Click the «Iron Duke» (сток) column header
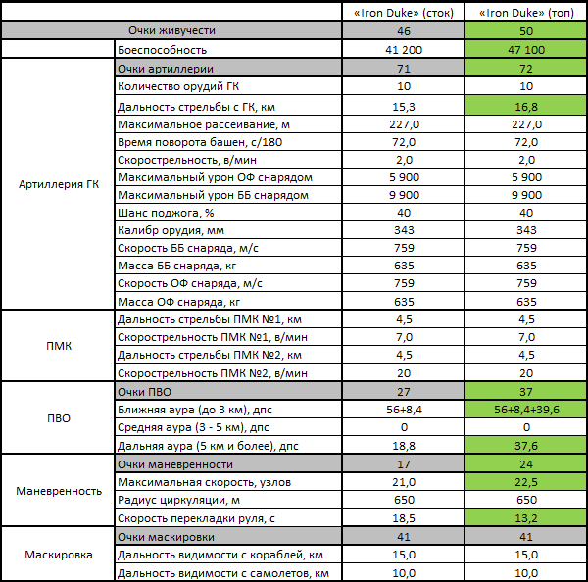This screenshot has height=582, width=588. (404, 13)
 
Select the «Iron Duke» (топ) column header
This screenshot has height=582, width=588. (526, 13)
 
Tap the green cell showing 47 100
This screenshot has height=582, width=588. (526, 49)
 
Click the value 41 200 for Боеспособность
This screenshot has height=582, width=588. (404, 50)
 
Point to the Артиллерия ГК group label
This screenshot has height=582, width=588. (59, 184)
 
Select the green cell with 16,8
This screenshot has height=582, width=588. (526, 106)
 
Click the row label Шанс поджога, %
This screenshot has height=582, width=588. (166, 213)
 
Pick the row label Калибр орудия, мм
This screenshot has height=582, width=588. (171, 230)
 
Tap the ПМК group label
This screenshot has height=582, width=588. (59, 346)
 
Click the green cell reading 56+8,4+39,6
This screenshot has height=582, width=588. (526, 410)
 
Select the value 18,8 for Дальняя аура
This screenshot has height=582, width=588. (404, 446)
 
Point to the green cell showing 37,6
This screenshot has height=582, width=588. (526, 445)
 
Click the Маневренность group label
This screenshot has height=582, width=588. (59, 491)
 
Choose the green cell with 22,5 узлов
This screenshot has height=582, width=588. (526, 481)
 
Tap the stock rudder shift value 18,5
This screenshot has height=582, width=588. (404, 518)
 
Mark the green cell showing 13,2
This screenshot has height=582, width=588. (526, 518)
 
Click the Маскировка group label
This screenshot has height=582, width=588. (59, 555)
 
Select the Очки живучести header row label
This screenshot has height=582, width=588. (171, 30)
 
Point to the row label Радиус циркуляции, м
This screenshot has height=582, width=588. (178, 500)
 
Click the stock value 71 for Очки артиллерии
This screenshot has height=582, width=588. (404, 69)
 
